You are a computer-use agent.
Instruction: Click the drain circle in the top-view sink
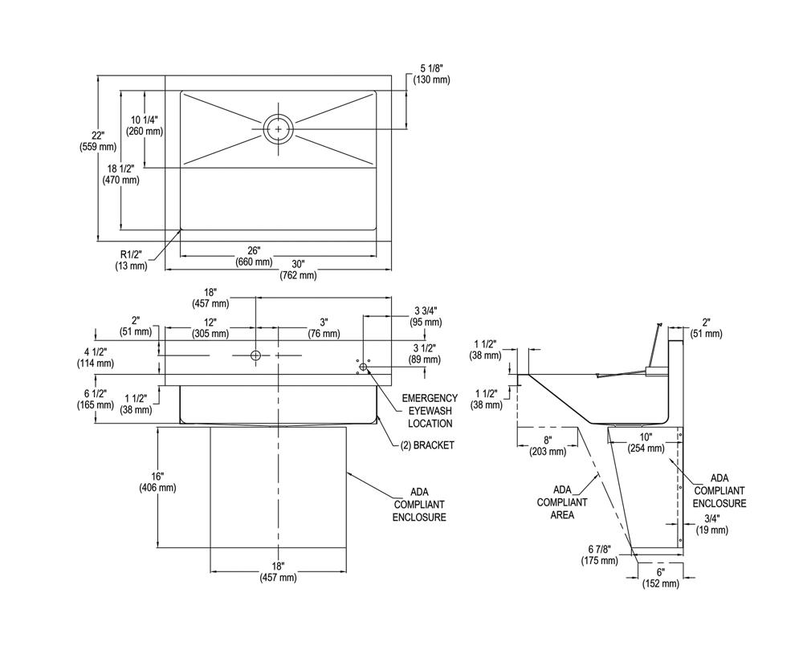coord(279,128)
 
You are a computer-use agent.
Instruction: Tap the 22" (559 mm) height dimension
coord(98,141)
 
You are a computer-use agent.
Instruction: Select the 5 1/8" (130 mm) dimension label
coord(431,74)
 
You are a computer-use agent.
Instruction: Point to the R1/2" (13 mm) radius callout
coord(131,260)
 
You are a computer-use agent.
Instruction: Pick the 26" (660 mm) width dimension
coord(254,256)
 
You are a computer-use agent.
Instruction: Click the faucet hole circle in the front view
coord(255,355)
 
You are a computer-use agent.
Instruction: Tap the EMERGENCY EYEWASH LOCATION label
coord(430,410)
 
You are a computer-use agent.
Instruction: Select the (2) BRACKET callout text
coord(427,445)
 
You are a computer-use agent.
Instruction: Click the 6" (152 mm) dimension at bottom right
coord(662,578)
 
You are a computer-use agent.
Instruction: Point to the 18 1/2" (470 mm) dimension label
coord(120,175)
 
